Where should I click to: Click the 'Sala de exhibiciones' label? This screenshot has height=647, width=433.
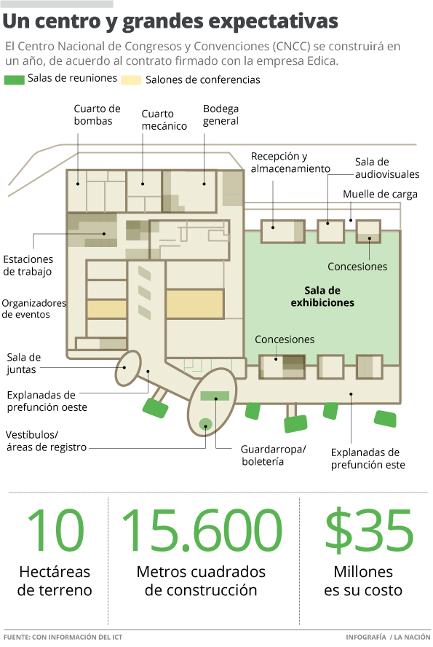pos(322,297)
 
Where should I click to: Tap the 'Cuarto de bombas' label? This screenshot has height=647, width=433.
pos(97,114)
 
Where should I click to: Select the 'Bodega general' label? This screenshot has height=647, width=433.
pos(221,114)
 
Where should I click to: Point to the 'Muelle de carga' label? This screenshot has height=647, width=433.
pos(380,194)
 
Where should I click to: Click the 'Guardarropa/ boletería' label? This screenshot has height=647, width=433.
pos(273,455)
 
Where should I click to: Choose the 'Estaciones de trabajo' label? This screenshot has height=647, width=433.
pos(28,265)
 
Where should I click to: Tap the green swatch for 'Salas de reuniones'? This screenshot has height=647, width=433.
pos(15,79)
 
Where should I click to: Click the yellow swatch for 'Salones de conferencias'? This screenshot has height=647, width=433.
pos(131,79)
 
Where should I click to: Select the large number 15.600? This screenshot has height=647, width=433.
pos(202,530)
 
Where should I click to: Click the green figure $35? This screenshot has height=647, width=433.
pos(369,530)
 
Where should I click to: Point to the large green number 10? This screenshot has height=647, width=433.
pos(55,530)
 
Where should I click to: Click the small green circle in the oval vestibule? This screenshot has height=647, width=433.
pos(205,424)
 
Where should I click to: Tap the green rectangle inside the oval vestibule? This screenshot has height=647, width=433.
pos(215,396)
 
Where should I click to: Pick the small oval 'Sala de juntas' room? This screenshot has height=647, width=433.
pos(127,368)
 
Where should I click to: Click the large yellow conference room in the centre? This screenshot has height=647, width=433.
pos(195,304)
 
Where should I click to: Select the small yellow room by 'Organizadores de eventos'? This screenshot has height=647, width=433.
pos(106,309)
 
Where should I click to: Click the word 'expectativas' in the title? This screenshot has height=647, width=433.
pos(271,21)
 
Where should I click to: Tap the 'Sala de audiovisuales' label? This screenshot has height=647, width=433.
pos(387,168)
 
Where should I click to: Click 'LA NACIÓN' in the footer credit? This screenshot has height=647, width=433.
pos(412,637)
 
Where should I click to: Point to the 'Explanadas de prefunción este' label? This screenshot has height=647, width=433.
pos(368,458)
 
